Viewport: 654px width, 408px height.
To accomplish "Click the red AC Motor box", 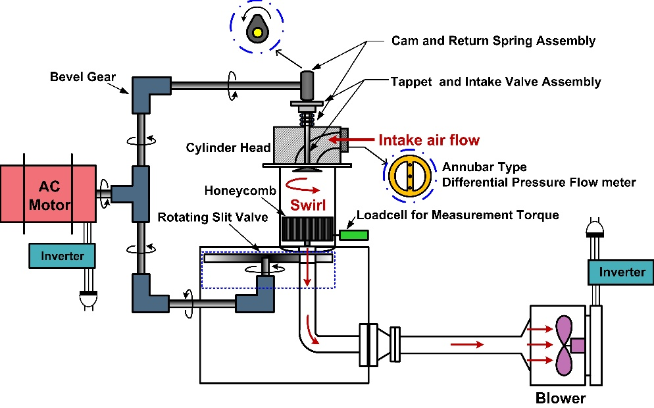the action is point(49,194).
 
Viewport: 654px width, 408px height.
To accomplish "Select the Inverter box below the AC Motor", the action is point(62,256).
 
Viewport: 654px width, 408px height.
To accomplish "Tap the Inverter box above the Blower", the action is point(621,272).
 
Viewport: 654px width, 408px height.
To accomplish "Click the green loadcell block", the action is point(354,235).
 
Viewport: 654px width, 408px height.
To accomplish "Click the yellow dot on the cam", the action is point(257,32).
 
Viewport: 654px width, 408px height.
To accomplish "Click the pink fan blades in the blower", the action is point(564,345).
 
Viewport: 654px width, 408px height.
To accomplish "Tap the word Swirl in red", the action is point(308,205).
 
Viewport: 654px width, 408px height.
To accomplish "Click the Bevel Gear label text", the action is point(83,77).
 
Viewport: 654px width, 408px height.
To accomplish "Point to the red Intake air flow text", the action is point(429,140).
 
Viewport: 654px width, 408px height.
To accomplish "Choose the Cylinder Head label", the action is point(228,147).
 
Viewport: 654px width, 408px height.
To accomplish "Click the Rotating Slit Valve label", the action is point(213,217).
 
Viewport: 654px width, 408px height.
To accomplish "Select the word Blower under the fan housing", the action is point(561,397).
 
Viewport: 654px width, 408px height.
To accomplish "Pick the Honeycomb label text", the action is point(240,191).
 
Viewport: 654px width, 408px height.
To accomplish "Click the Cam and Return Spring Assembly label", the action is point(493,40).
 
